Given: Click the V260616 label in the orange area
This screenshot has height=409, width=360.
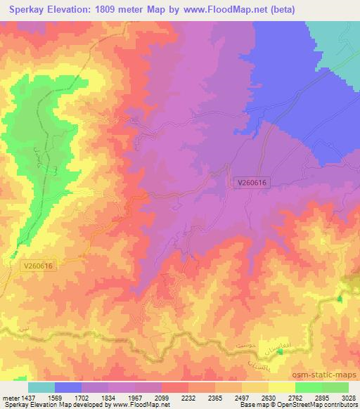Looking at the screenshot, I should [37, 266].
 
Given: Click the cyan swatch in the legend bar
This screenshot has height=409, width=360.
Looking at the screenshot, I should [41, 387].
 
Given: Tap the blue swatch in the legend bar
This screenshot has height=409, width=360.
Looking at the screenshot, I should [68, 387].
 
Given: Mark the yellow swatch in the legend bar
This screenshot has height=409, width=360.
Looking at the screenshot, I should [281, 387].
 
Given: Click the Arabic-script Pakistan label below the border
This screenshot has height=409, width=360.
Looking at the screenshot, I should [262, 363].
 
